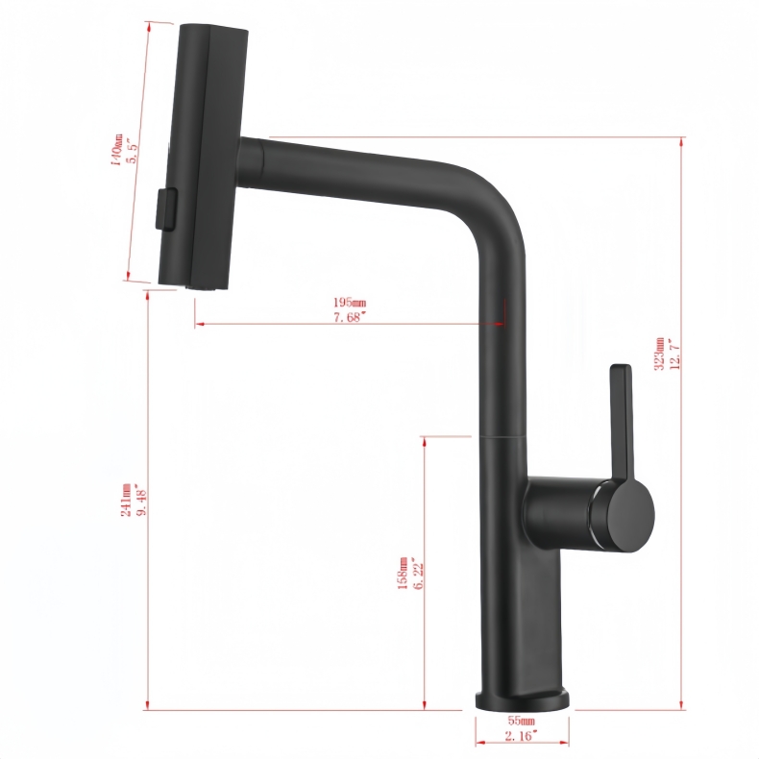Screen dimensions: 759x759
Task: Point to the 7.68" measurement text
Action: pyautogui.click(x=350, y=317)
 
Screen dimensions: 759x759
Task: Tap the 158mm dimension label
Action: pyautogui.click(x=404, y=575)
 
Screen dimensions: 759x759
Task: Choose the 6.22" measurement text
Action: pyautogui.click(x=419, y=575)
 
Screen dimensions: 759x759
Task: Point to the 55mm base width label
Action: pyautogui.click(x=522, y=720)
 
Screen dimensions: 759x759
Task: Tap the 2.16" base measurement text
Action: pyautogui.click(x=522, y=735)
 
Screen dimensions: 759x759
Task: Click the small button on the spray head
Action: pyautogui.click(x=165, y=208)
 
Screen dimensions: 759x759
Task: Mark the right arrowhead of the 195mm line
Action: pyautogui.click(x=501, y=325)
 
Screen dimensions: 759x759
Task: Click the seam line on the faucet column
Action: pyautogui.click(x=502, y=435)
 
